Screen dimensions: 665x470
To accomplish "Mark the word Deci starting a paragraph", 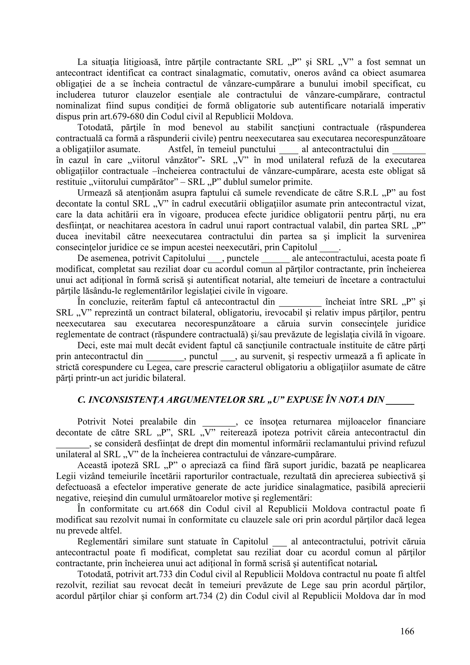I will (87, 346).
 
